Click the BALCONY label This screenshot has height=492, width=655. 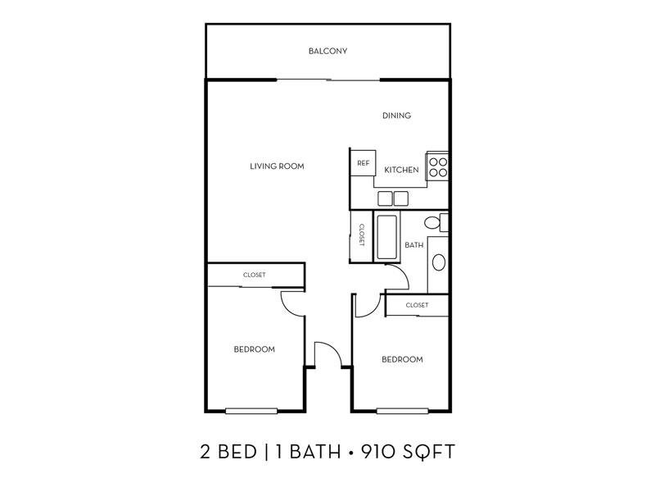(328, 51)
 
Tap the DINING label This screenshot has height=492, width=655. (396, 116)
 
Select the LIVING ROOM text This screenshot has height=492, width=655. (277, 166)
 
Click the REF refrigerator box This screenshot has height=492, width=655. (363, 162)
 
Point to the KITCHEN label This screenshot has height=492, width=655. (401, 170)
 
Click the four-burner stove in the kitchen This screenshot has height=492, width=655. (438, 166)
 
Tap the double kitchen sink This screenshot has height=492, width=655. (393, 198)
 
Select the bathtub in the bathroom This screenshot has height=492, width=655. (386, 237)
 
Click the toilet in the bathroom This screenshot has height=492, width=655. (436, 222)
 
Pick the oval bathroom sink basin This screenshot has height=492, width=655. (439, 262)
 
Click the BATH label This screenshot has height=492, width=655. (414, 245)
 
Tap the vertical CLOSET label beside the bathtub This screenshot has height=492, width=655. (362, 235)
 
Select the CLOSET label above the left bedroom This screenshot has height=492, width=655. (255, 275)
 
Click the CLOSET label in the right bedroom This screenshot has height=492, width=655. (417, 305)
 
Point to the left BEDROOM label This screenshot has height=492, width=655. (255, 349)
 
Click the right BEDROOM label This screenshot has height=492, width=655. (402, 359)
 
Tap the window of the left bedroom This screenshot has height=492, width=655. (251, 412)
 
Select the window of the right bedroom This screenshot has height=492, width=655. (403, 412)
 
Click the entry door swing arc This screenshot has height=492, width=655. (334, 348)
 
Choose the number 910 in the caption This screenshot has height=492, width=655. (382, 452)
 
